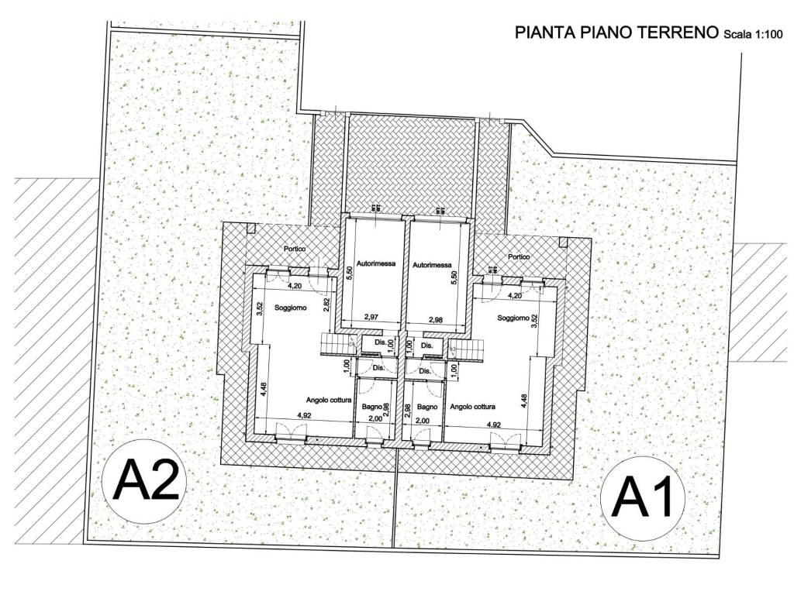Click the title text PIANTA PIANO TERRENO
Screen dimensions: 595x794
(x=617, y=33)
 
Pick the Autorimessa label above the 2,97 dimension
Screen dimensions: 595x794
(x=376, y=264)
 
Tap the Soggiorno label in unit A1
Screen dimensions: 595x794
(x=513, y=318)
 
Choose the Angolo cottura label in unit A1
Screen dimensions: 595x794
(x=472, y=406)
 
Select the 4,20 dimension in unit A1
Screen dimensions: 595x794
(x=515, y=295)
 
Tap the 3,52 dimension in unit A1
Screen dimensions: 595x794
(x=535, y=322)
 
